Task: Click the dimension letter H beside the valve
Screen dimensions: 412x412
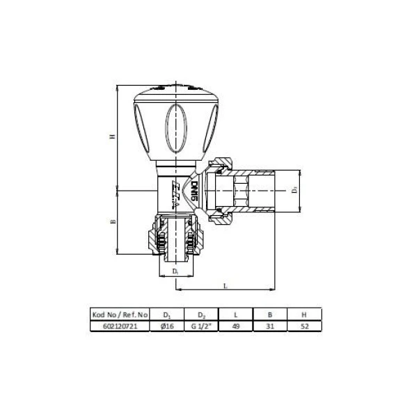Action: click(x=111, y=136)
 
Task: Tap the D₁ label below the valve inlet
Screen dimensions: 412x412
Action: click(x=176, y=269)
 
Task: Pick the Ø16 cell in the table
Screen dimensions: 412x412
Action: click(x=166, y=324)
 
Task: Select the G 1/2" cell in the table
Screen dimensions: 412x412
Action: click(x=200, y=324)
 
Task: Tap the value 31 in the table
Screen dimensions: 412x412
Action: click(x=269, y=324)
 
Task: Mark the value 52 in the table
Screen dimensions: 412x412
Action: click(x=302, y=324)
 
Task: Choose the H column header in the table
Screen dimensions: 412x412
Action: click(x=302, y=314)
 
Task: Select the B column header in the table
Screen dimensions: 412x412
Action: click(x=269, y=314)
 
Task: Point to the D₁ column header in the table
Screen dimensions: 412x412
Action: click(x=166, y=314)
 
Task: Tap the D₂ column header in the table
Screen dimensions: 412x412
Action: click(x=200, y=314)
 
